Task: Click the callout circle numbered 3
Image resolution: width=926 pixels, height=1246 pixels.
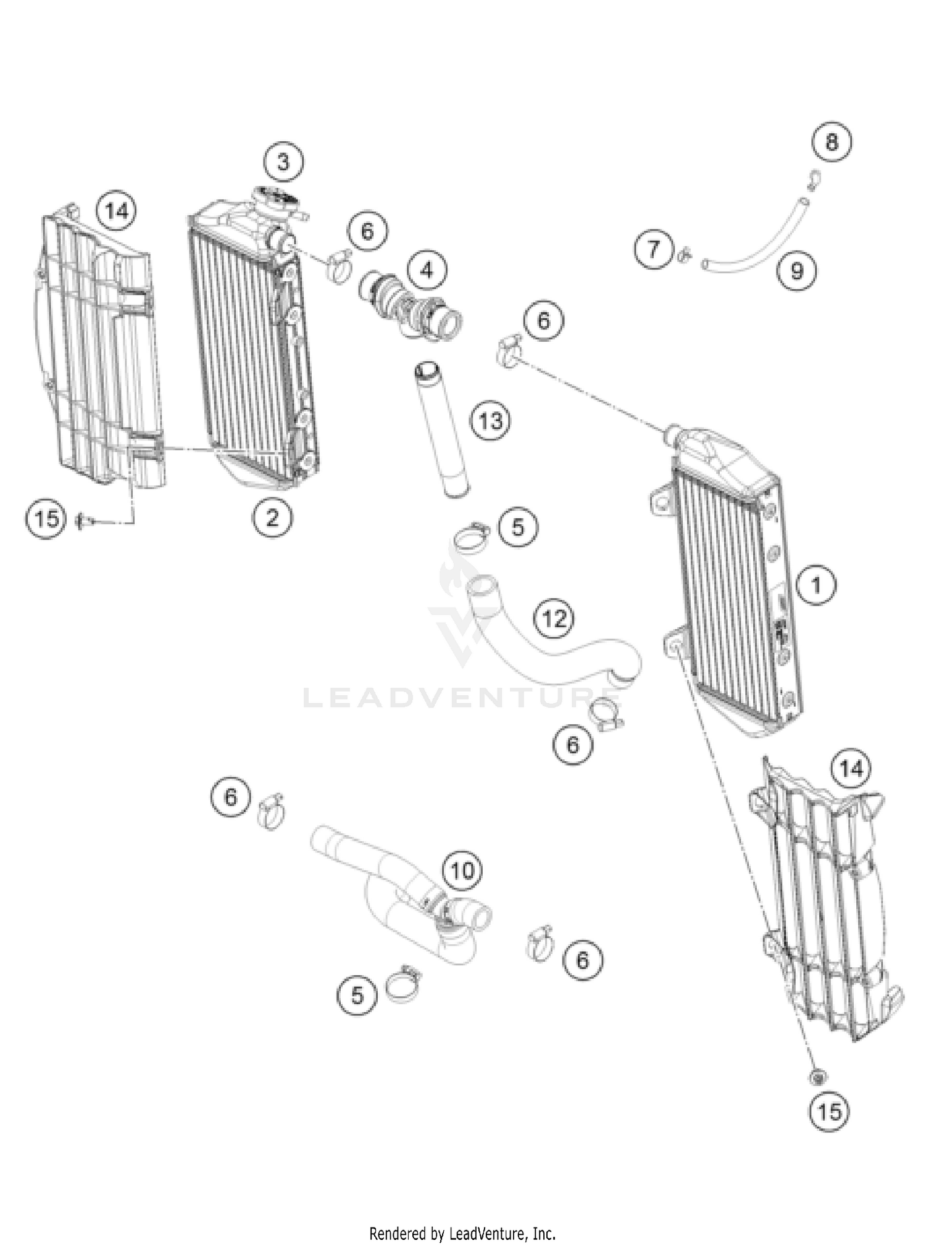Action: point(283,162)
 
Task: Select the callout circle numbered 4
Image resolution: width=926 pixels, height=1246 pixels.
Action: point(427,270)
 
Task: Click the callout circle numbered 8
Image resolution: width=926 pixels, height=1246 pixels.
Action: point(832,142)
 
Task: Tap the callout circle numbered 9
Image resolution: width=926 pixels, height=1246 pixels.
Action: point(797,270)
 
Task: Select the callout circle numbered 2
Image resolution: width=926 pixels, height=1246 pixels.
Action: point(272,518)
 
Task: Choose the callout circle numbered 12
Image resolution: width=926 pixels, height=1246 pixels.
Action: point(554,617)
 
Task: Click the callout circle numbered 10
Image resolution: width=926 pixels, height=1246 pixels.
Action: point(462,870)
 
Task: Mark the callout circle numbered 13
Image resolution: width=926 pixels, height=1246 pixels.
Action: point(491,421)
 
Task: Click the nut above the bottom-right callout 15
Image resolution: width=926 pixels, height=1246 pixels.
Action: point(818,1078)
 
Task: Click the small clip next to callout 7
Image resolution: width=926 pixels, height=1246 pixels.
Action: point(683,253)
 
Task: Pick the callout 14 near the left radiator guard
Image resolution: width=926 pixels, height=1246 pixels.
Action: point(117,212)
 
